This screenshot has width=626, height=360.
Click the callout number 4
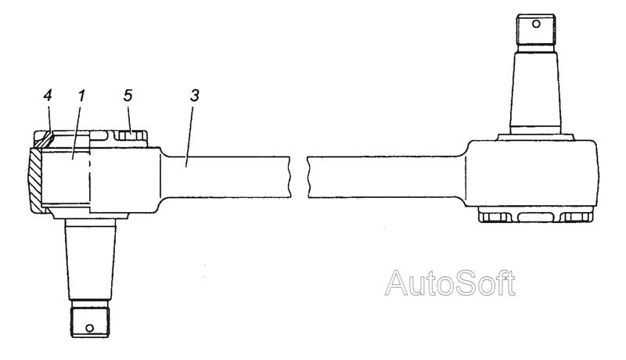(x=48, y=95)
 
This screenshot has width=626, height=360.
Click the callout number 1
(x=81, y=95)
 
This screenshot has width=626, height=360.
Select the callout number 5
(x=128, y=95)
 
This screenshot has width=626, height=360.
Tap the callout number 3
(x=194, y=95)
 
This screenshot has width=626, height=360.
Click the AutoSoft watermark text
(x=450, y=283)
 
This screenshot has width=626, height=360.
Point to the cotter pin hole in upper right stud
(x=536, y=24)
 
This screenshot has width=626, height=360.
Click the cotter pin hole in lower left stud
(x=90, y=328)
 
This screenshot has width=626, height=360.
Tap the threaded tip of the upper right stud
(x=536, y=30)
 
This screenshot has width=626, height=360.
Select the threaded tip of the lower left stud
(x=90, y=322)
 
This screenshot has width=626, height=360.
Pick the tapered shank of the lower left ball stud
(x=91, y=261)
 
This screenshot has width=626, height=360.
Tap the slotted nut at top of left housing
(x=129, y=135)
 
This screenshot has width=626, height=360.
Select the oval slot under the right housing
(x=536, y=217)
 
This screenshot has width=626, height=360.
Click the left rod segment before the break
(x=225, y=177)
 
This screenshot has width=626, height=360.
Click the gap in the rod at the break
(x=298, y=177)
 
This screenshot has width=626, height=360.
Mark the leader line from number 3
(x=189, y=135)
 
